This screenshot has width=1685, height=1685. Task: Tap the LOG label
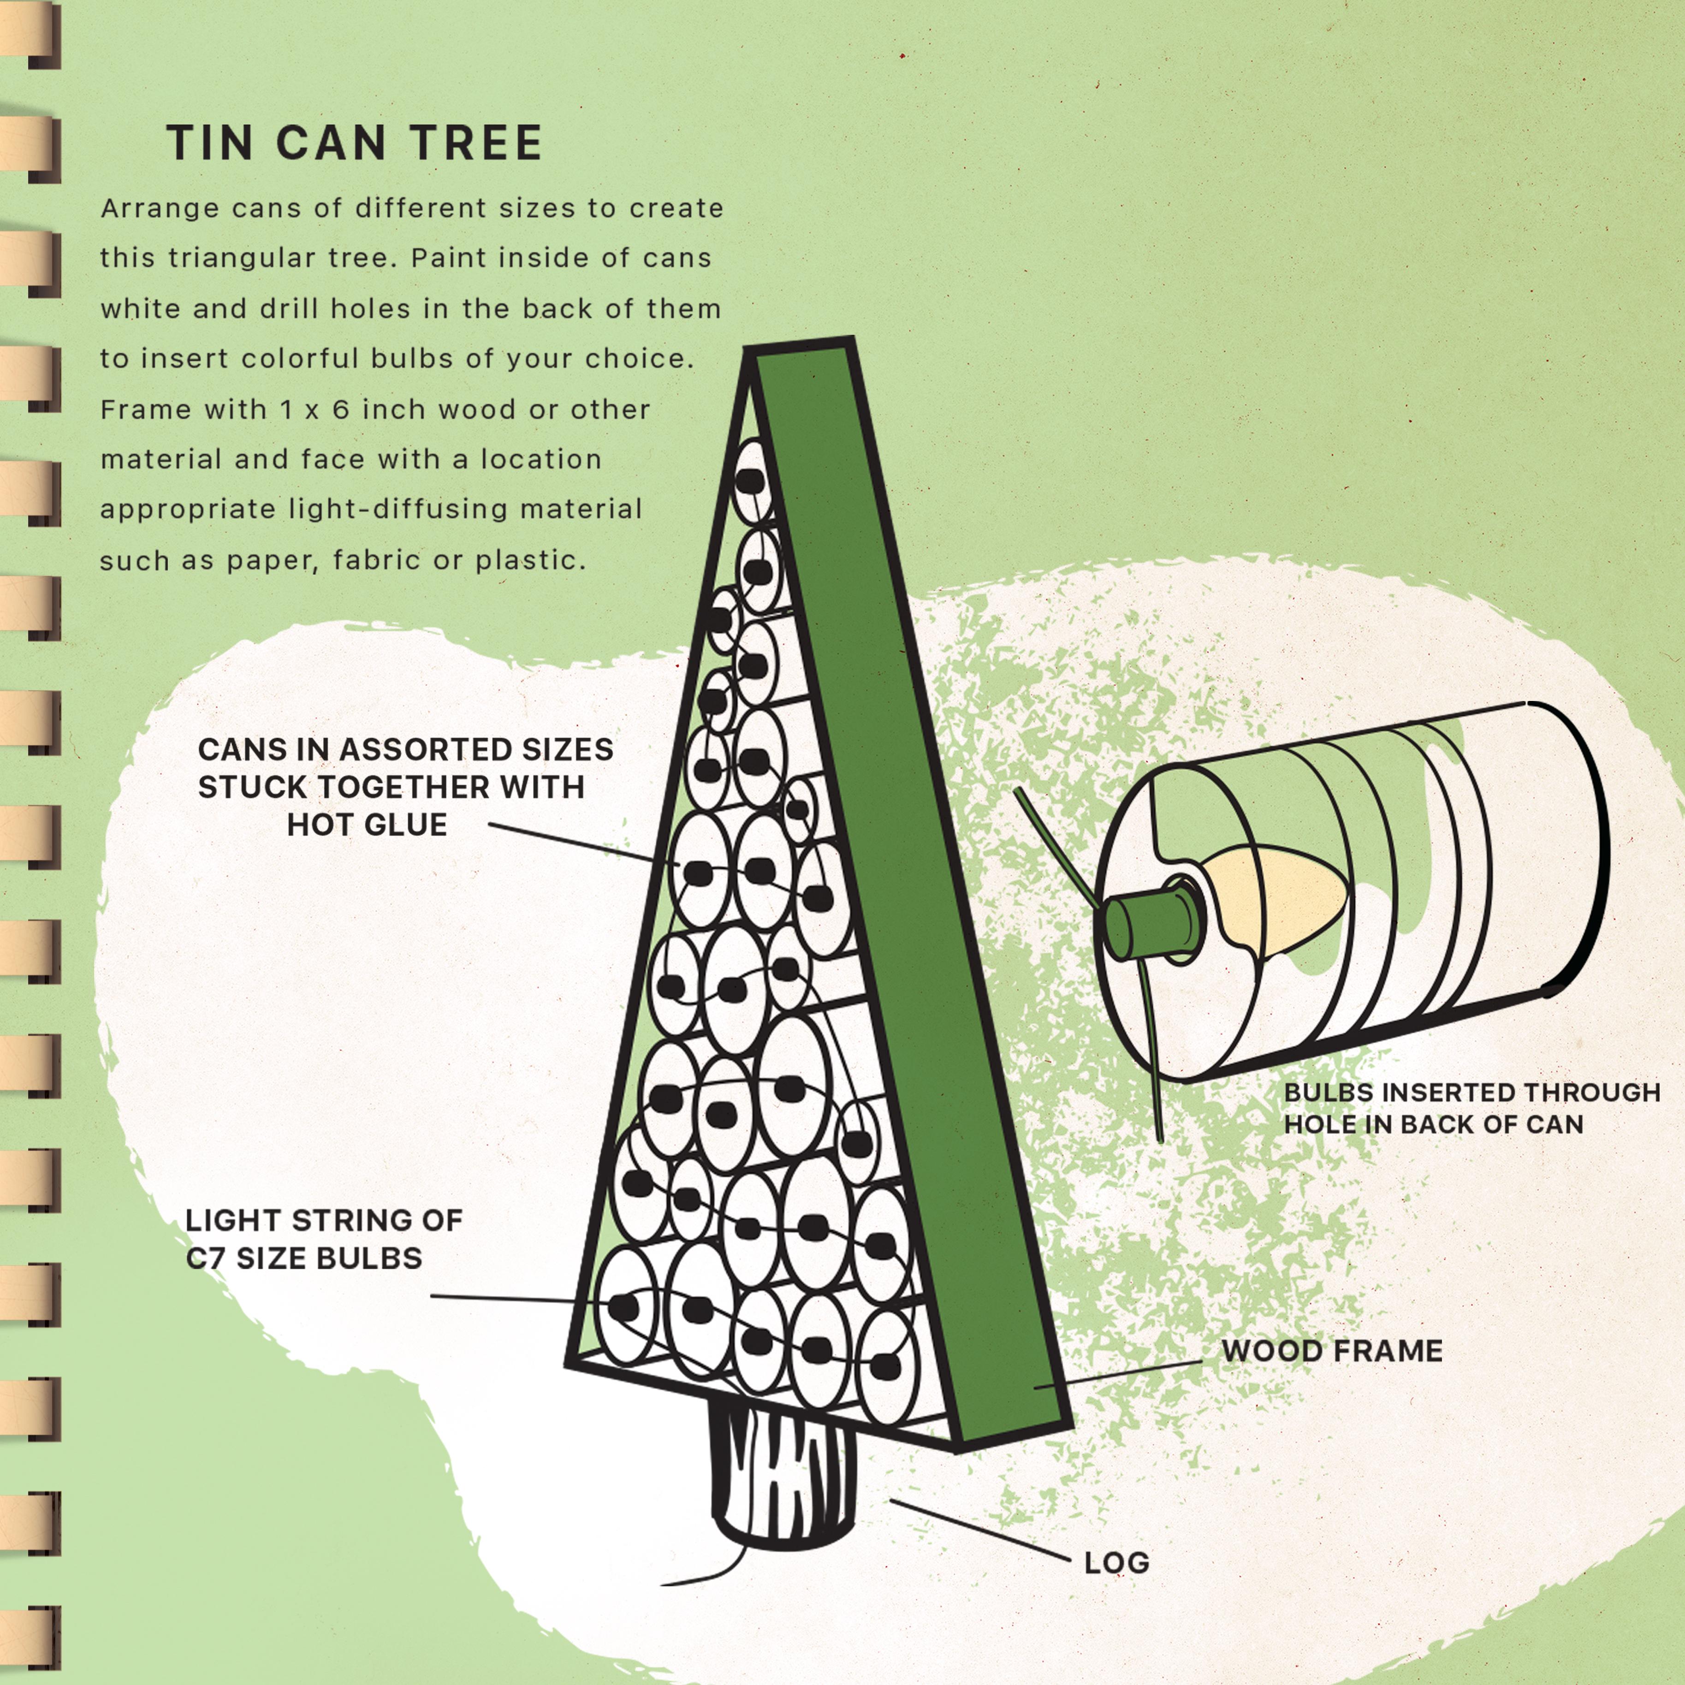[1116, 1563]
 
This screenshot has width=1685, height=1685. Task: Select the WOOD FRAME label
[1332, 1351]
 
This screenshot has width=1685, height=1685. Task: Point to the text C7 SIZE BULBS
[303, 1258]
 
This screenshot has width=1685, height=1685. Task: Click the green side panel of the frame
[907, 872]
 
